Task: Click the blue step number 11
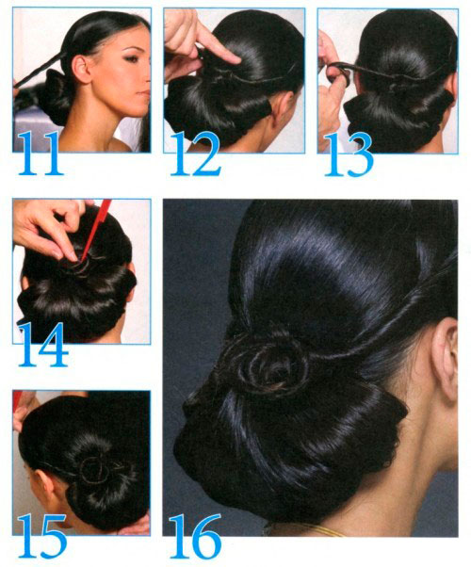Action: pyautogui.click(x=40, y=154)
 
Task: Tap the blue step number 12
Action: pyautogui.click(x=195, y=154)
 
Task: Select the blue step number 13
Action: pyautogui.click(x=349, y=154)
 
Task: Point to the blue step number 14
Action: pyautogui.click(x=43, y=345)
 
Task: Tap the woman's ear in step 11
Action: pyautogui.click(x=81, y=69)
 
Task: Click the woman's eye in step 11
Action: pyautogui.click(x=131, y=57)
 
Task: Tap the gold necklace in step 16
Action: pyautogui.click(x=307, y=530)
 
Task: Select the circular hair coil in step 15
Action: pyautogui.click(x=95, y=469)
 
